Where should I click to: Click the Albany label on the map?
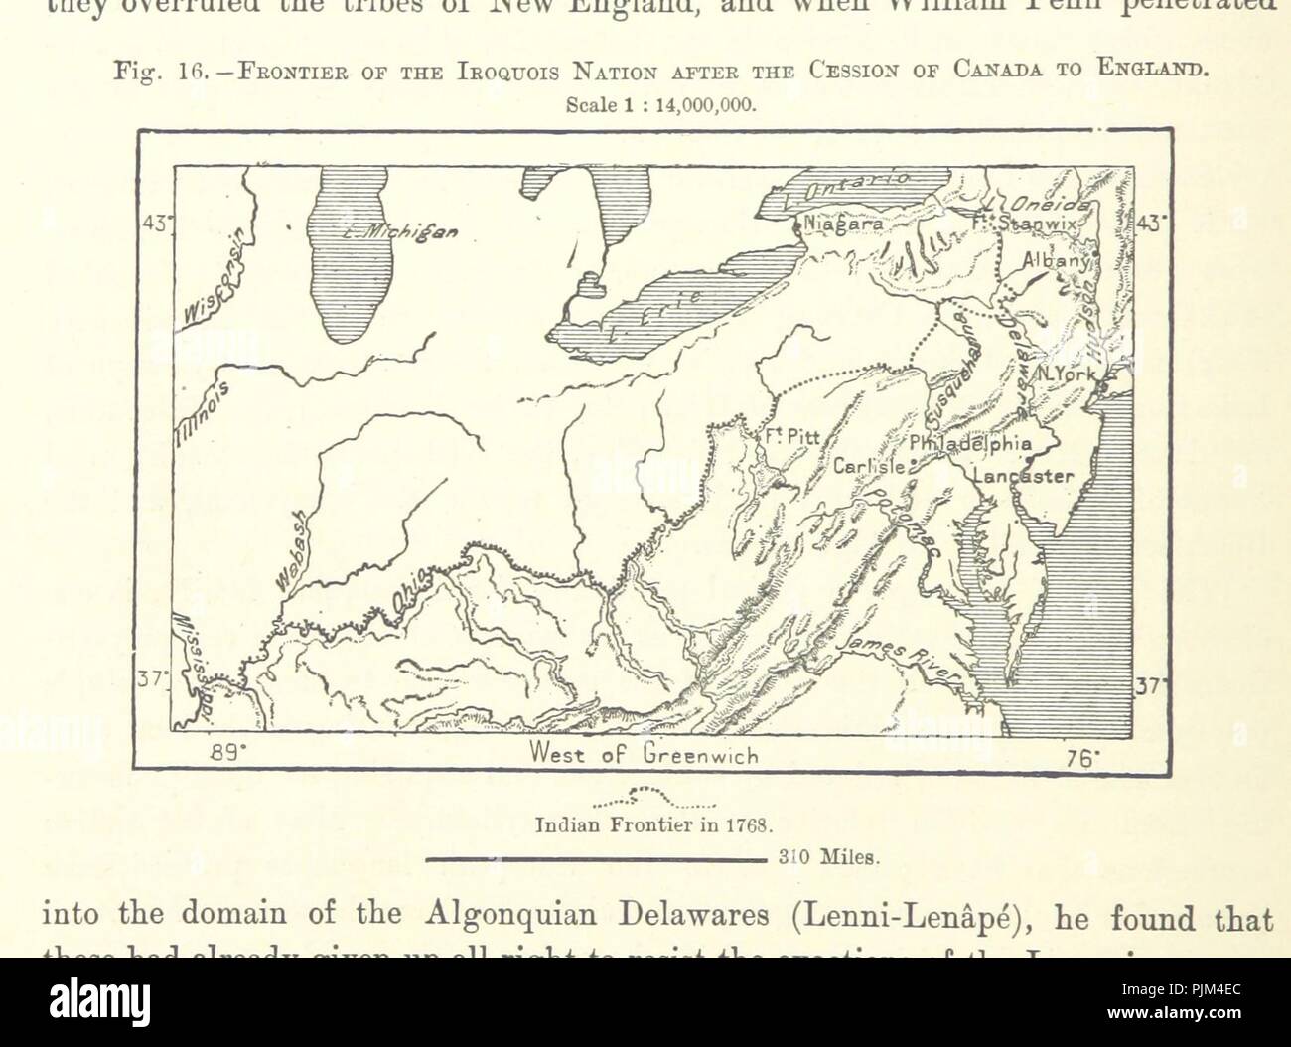pyautogui.click(x=1057, y=260)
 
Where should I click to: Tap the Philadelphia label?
pyautogui.click(x=970, y=444)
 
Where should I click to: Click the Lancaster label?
pyautogui.click(x=1024, y=476)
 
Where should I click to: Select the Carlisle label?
pyautogui.click(x=868, y=465)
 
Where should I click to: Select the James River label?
pyautogui.click(x=897, y=660)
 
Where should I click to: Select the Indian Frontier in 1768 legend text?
pyautogui.click(x=652, y=824)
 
